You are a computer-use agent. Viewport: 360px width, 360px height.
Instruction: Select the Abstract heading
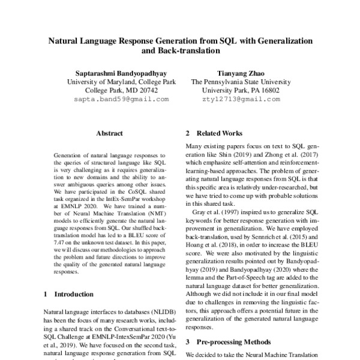109,133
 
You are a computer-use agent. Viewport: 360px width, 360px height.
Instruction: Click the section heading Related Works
220,133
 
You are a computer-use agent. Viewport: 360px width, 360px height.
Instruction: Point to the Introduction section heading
74,295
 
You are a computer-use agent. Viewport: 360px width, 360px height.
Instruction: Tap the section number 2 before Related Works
188,133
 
